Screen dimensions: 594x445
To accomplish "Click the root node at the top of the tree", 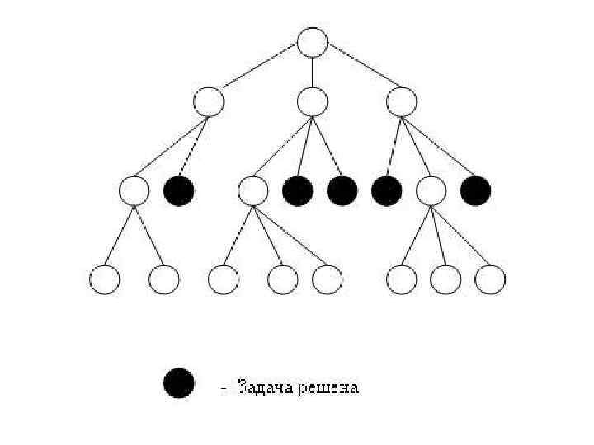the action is [312, 42].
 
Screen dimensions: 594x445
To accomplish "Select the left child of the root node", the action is [208, 101].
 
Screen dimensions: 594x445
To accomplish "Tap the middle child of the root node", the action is [312, 101].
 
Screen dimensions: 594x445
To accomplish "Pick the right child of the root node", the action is [402, 101].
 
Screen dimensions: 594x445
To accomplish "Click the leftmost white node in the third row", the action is [134, 191].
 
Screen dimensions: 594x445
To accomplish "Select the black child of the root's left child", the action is [179, 191].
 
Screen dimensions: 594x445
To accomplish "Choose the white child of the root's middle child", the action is [252, 191].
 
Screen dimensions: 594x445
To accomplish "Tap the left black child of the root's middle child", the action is [298, 191].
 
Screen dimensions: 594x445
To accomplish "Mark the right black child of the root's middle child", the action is [342, 191].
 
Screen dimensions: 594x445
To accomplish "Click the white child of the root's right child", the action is [431, 191].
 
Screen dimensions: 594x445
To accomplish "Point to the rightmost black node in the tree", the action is [476, 191].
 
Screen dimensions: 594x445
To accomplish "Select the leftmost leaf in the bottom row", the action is [105, 279].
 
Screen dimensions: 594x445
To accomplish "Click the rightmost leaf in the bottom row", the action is [491, 279].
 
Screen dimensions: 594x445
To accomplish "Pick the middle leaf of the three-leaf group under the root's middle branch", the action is [282, 279].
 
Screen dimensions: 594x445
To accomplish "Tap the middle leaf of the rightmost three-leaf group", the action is [445, 279].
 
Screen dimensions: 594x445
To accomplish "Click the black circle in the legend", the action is [179, 383].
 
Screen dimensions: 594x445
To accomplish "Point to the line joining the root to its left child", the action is [260, 72].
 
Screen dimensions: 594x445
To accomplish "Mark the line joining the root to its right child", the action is [357, 72].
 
